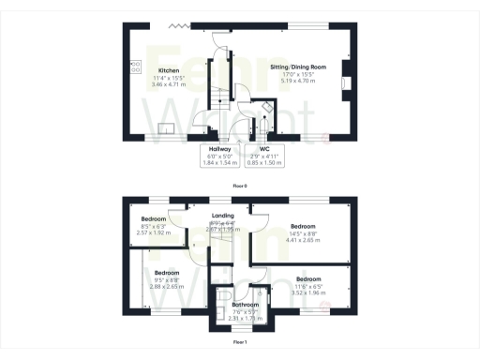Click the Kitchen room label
[x=169, y=71]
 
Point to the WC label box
[x=264, y=149]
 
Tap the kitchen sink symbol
[x=167, y=128]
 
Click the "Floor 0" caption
[x=240, y=187]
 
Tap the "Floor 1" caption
[x=240, y=342]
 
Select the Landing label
[x=223, y=217]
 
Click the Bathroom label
[x=246, y=305]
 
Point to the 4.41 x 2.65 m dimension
[x=303, y=239]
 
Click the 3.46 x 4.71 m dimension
[x=169, y=84]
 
